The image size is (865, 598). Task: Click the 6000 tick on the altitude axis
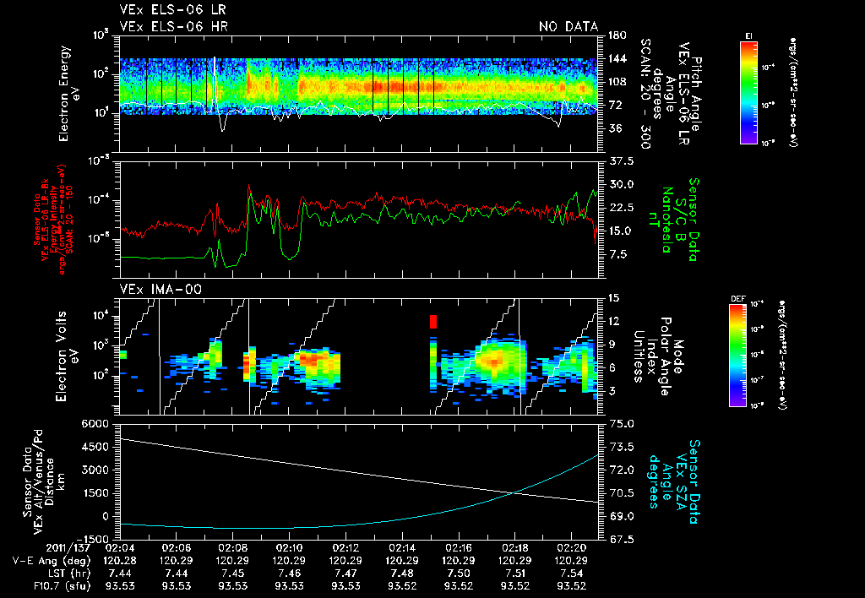(x=95, y=422)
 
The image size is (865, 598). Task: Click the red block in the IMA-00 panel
(x=433, y=321)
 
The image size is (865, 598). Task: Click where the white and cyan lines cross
(x=514, y=493)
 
